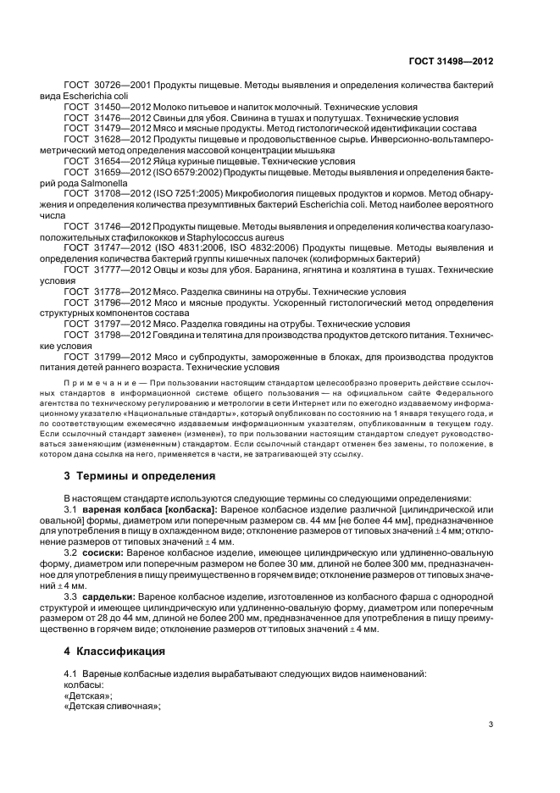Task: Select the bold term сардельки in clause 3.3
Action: pos(111,596)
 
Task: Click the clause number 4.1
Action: pos(71,673)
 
